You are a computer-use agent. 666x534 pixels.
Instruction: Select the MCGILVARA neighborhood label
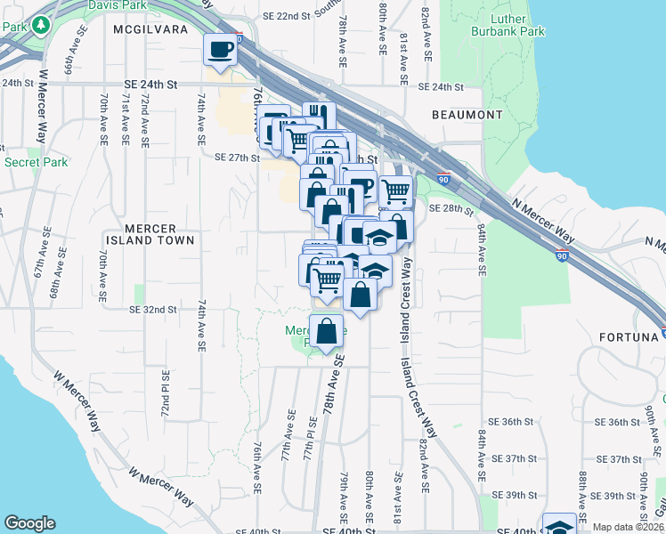149,28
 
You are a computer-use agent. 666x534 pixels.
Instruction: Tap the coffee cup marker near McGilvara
221,50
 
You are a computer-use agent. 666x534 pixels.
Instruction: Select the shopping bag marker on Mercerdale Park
327,330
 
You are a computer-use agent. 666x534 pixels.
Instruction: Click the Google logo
29,523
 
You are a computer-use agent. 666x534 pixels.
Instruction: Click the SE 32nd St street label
153,310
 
